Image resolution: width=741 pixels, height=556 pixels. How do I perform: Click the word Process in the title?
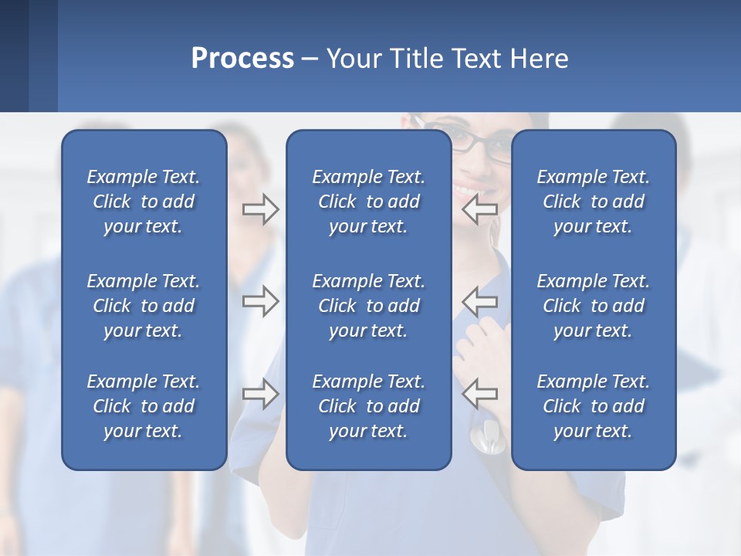click(x=242, y=59)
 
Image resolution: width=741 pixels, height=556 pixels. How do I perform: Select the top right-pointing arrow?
click(x=260, y=209)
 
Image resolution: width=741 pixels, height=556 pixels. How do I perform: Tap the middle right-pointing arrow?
click(x=260, y=301)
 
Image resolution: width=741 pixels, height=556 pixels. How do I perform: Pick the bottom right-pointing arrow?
click(x=260, y=394)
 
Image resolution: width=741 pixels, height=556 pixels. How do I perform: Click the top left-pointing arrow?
click(x=480, y=209)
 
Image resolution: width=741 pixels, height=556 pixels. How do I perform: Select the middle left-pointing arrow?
click(x=480, y=301)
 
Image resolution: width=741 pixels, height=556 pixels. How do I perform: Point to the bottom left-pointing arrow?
click(x=480, y=394)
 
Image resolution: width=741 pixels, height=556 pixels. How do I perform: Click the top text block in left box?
click(x=144, y=202)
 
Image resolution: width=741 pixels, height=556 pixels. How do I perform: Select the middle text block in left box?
click(x=144, y=306)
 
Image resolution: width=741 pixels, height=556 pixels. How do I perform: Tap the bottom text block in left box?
click(x=144, y=406)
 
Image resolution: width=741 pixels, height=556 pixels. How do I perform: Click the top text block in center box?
click(x=368, y=202)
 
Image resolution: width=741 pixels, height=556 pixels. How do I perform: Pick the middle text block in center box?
click(x=368, y=306)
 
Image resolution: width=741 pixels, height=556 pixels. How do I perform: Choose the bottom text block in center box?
click(x=368, y=406)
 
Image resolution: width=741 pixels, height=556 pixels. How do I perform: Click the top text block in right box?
click(x=593, y=202)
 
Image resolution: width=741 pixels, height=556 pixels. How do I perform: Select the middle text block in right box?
click(x=593, y=306)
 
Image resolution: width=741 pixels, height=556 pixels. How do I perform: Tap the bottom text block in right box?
click(x=593, y=406)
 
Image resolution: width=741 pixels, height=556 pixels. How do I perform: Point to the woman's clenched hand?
click(x=479, y=340)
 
